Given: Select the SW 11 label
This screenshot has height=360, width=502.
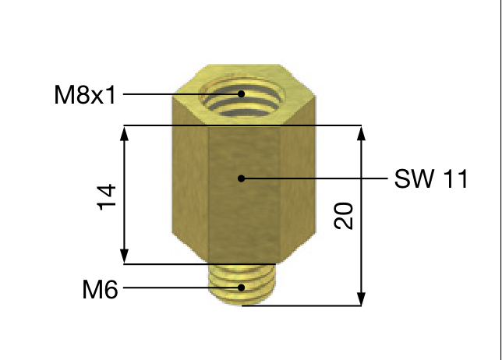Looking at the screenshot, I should tap(430, 179).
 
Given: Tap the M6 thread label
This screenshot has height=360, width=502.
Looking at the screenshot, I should tap(100, 291).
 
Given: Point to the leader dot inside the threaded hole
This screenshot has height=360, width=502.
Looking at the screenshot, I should tap(242, 94).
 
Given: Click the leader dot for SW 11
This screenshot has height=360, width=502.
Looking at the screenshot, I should tap(242, 178).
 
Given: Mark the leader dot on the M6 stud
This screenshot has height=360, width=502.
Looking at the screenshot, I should tap(242, 288).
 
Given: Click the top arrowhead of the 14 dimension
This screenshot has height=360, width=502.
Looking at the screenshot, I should tap(123, 132).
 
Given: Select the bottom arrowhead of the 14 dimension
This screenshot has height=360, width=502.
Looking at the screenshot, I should tap(123, 257).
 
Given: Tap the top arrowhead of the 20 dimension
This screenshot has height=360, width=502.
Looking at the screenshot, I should tap(361, 132).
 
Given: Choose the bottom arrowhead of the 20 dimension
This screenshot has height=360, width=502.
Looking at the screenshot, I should tap(361, 298).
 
